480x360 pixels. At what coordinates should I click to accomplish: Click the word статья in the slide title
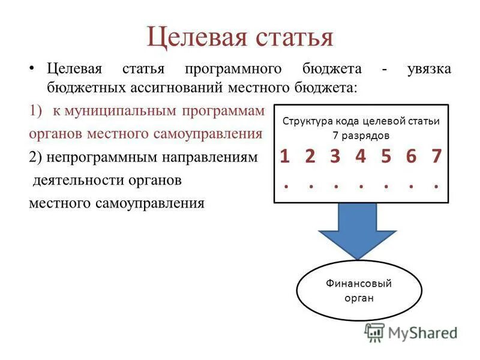click(x=287, y=37)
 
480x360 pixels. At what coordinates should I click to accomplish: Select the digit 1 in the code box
click(x=286, y=157)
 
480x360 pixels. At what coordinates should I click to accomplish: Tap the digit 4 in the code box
click(x=360, y=157)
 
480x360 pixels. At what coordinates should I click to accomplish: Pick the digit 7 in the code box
click(x=436, y=157)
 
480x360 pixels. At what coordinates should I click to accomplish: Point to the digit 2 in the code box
click(x=310, y=157)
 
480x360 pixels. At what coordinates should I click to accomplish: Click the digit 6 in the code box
click(x=411, y=157)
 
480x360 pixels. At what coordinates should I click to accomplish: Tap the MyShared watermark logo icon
click(x=374, y=332)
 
